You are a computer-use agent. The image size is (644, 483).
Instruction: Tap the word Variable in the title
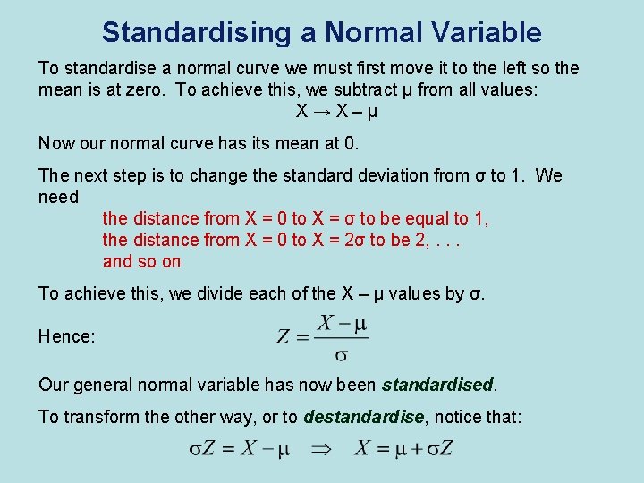click(487, 32)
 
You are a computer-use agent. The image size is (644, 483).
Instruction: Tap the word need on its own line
click(59, 197)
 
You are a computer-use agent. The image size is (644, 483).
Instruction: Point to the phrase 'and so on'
click(141, 261)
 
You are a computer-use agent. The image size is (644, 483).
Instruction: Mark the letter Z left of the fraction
click(284, 337)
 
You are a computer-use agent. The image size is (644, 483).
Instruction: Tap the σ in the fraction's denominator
click(341, 354)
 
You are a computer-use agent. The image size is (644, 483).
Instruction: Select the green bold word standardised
click(437, 385)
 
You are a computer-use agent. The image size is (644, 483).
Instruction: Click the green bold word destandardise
click(362, 417)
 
